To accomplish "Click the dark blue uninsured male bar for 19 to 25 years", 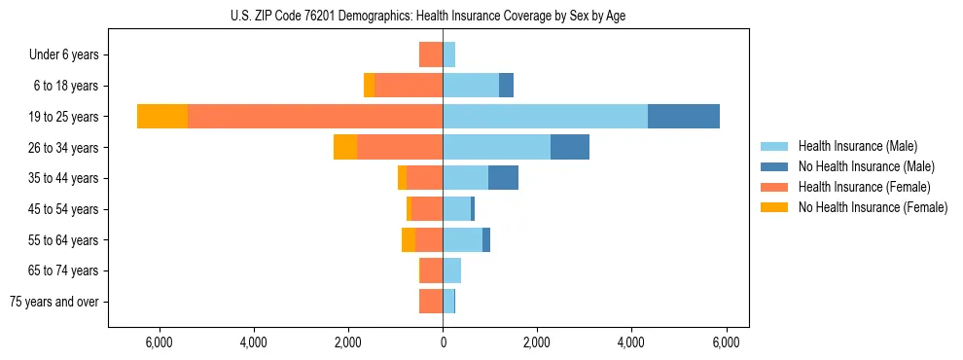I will (683, 116).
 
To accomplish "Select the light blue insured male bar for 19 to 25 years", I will (545, 116).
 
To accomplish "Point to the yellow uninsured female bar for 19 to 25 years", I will (161, 116).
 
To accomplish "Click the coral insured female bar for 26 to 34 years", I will (400, 147).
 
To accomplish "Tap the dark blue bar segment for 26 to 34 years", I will (569, 147).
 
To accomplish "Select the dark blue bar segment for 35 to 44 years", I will (503, 177).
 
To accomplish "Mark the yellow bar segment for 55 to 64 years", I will (409, 239).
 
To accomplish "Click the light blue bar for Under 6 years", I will (448, 54).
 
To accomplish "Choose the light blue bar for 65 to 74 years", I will (451, 270).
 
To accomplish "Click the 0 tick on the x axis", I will (443, 342).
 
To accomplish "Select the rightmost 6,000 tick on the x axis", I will (726, 342).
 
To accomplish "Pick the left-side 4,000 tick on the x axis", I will (253, 342).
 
